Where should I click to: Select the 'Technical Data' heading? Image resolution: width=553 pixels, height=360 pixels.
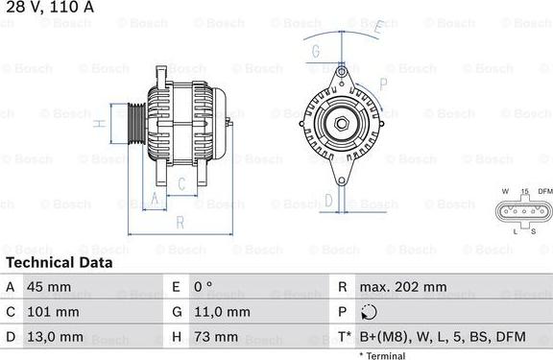click(x=59, y=262)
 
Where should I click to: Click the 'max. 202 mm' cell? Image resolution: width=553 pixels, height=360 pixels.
click(x=403, y=287)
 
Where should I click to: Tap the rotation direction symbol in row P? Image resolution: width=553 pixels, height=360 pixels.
click(x=371, y=312)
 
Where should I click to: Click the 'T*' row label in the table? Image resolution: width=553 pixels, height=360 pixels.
click(x=343, y=337)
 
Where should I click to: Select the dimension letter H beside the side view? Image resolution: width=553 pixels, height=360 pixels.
click(x=99, y=124)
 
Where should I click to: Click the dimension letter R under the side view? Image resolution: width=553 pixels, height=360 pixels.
click(x=180, y=223)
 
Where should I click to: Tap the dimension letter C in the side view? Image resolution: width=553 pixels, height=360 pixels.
click(x=180, y=183)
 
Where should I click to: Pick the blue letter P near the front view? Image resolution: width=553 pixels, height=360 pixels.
click(x=383, y=84)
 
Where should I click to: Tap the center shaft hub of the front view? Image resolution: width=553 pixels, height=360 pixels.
click(x=341, y=123)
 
